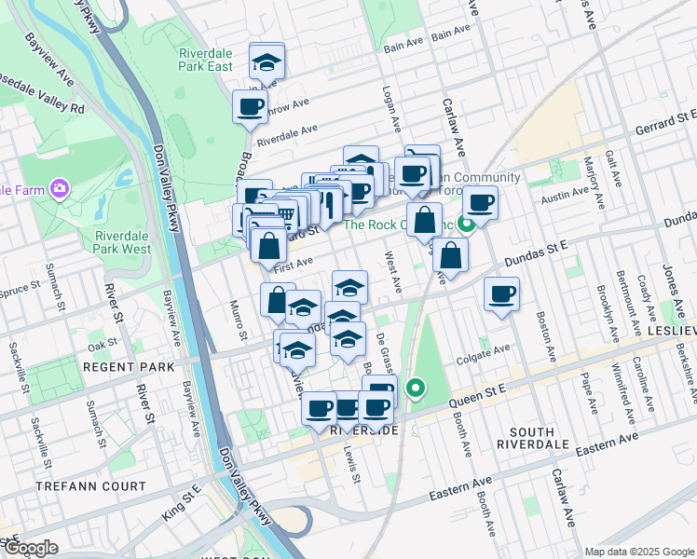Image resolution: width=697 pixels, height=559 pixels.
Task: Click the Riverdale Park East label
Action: coord(206,60)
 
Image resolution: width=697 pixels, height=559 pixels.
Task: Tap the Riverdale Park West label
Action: coord(122,242)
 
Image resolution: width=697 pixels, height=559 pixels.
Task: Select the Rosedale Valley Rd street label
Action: coord(42,104)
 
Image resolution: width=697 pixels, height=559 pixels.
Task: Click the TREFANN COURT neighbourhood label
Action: coord(90,486)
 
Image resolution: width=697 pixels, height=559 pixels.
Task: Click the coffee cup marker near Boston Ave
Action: coord(501,294)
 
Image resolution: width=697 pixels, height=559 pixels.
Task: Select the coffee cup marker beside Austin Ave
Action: coord(480,202)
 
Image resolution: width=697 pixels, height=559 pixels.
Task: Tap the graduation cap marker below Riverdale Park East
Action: coord(266,62)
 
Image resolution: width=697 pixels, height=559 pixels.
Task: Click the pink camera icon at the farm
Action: coord(61,190)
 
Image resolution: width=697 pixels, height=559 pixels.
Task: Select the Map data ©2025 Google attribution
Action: coord(638,552)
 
